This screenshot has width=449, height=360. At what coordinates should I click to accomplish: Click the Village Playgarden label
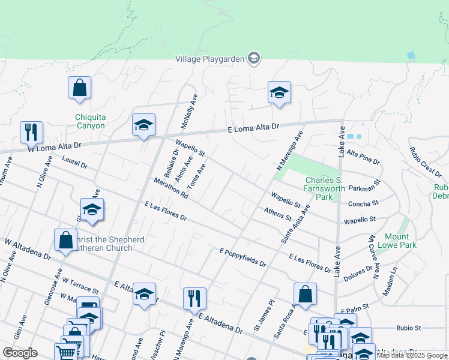point(210,58)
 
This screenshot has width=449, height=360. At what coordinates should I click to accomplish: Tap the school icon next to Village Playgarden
point(253,58)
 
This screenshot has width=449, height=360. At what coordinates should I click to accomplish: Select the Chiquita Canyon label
point(90,121)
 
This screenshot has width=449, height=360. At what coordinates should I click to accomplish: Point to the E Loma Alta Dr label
point(255,128)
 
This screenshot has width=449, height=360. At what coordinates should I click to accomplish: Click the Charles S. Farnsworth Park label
point(324,188)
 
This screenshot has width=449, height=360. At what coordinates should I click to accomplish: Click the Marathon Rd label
point(171,188)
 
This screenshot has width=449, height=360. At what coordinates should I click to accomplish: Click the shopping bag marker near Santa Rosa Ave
point(305,293)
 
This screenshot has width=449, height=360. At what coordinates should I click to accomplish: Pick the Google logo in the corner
point(20,353)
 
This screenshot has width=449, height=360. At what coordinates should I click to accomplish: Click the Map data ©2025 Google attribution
point(412,355)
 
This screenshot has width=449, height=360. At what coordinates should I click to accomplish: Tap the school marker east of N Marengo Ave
point(279,92)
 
